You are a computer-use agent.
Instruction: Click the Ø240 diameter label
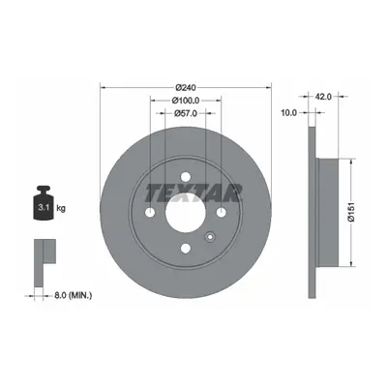(x=186, y=87)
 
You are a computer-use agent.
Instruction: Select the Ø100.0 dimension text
(x=186, y=101)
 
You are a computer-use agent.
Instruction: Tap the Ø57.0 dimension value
(x=186, y=113)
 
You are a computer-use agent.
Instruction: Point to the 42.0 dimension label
(x=323, y=96)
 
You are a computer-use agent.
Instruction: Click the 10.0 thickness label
(x=288, y=112)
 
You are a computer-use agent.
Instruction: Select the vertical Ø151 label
(x=351, y=212)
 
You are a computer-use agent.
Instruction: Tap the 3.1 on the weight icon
(x=44, y=207)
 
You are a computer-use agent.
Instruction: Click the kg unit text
(x=61, y=208)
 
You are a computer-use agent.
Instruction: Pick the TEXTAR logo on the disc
(x=193, y=193)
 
